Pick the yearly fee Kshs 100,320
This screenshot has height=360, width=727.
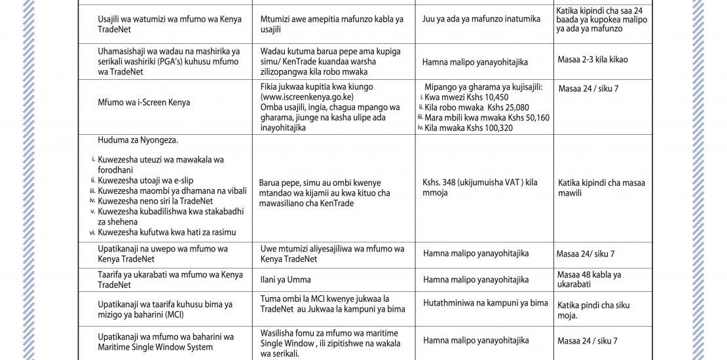488,128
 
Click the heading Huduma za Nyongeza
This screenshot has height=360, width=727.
138,140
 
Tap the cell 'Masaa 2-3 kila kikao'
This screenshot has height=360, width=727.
593,60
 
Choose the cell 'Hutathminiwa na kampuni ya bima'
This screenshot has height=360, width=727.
485,303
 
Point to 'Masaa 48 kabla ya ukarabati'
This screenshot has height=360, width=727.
589,279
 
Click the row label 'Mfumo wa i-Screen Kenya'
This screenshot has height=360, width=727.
143,102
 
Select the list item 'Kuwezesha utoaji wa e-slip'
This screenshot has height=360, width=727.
145,180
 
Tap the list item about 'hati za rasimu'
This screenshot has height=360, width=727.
167,232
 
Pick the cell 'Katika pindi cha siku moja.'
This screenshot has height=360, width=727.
594,310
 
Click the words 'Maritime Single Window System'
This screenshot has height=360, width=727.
155,347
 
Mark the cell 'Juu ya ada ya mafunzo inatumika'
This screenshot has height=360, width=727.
481,19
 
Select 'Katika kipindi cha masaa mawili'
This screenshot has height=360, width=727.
601,188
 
